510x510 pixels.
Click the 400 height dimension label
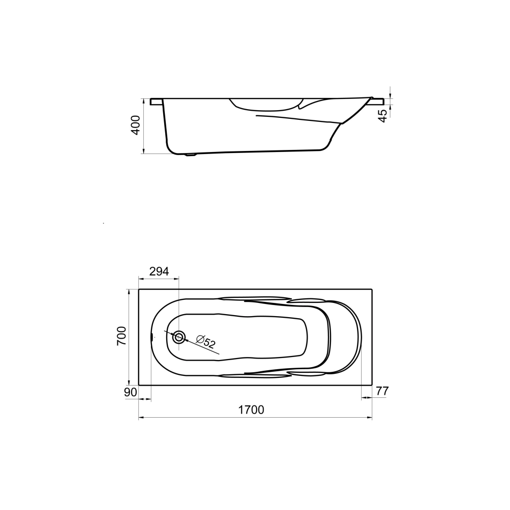point(136,125)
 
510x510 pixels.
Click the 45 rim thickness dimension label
point(384,116)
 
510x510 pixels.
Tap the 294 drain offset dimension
point(159,271)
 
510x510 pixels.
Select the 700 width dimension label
point(121,336)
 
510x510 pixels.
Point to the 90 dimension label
point(131,392)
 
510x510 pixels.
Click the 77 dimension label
point(382,391)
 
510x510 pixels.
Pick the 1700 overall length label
point(251,410)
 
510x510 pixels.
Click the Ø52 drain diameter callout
point(206,342)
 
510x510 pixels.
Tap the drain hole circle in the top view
point(178,337)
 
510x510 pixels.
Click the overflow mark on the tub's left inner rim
point(151,337)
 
